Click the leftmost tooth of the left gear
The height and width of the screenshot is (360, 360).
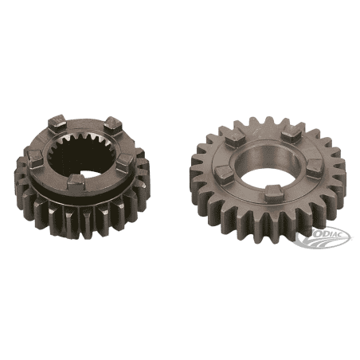[19, 177]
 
